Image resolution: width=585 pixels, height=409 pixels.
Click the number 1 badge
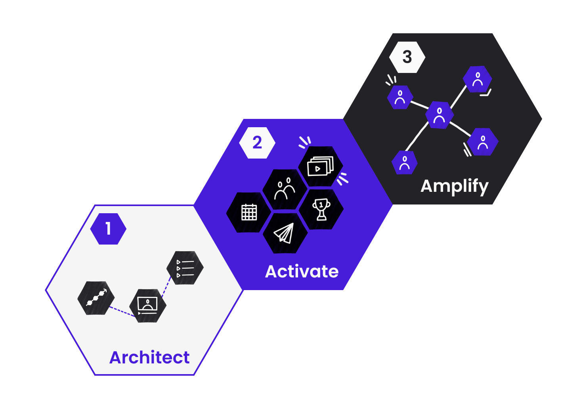coord(108,229)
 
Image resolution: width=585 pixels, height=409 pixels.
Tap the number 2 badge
coord(257,143)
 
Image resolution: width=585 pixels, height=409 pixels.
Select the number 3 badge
coord(407,57)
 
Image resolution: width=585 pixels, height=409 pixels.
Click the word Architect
coord(149,357)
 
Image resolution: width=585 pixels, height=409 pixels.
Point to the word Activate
coord(302,271)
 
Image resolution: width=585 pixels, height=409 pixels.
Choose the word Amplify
coord(454,186)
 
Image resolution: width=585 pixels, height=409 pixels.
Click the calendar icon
coord(249,212)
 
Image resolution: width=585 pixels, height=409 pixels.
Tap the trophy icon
coord(321,209)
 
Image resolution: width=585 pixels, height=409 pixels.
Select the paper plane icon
coord(285,233)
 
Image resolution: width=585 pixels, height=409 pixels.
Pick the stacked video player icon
coord(320,166)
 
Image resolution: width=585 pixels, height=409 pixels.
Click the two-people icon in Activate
coord(285,189)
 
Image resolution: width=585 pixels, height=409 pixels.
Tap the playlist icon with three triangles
coord(185,268)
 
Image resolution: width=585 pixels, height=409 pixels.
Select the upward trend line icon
coord(96,298)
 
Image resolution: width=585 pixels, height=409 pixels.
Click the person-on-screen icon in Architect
coord(147,305)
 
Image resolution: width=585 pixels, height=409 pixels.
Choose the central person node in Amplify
coord(439,115)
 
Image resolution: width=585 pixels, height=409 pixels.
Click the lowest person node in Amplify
coord(404,162)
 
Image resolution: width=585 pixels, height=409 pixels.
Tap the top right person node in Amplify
coord(478,79)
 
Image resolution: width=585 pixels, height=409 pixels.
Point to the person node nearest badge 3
coord(400,97)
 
